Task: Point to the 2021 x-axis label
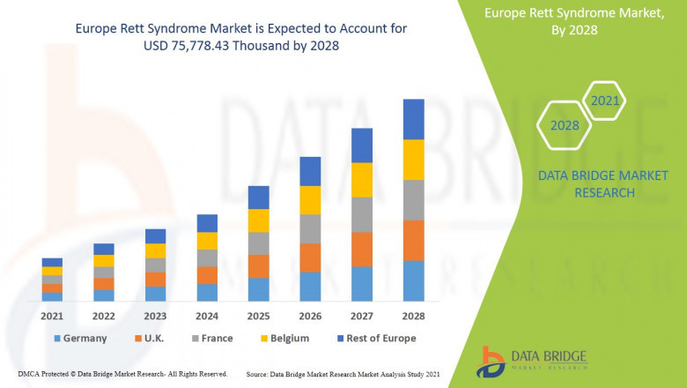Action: click(x=52, y=316)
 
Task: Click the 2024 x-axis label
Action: click(x=207, y=316)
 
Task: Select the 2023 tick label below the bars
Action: click(x=155, y=316)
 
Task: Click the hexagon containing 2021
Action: click(x=604, y=101)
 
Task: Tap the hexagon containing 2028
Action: click(x=565, y=125)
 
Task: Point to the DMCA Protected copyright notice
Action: click(x=122, y=374)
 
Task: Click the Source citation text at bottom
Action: click(x=343, y=374)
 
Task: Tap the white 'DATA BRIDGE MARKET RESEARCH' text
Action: click(x=587, y=184)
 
